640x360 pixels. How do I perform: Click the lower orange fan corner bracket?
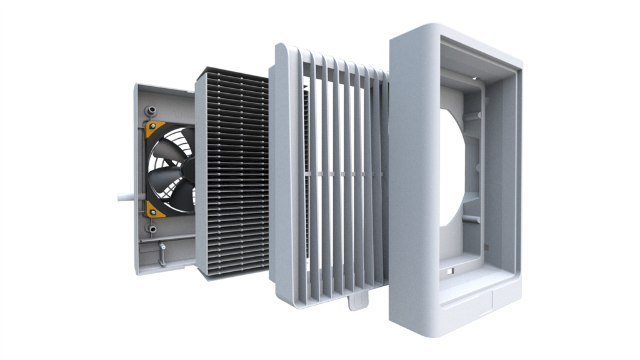point(154,209)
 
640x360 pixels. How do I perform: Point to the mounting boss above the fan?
point(150,111)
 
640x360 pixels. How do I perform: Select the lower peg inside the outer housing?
point(472,219)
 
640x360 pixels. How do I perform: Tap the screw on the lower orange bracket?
point(151,211)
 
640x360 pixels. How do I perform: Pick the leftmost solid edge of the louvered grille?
point(282,175)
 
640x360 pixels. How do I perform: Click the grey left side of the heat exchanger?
point(201,175)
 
